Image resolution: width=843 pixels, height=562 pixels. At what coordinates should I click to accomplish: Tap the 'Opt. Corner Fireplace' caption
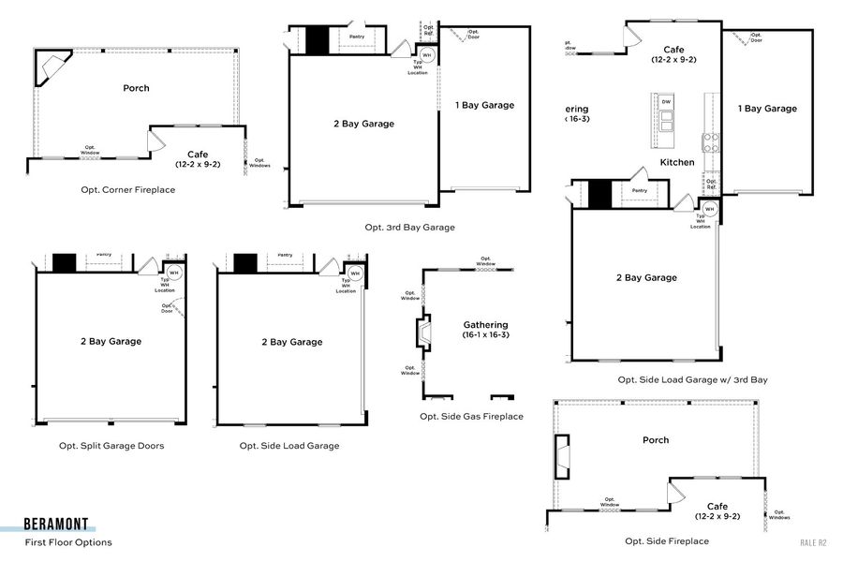click(128, 190)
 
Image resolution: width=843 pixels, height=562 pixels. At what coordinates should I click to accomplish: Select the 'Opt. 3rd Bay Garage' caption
click(409, 228)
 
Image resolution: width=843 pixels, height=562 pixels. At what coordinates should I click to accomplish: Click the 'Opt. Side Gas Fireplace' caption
click(471, 417)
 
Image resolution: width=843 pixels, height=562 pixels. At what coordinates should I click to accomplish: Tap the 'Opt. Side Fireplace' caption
click(667, 541)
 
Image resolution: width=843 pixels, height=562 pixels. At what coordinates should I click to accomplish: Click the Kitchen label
click(677, 162)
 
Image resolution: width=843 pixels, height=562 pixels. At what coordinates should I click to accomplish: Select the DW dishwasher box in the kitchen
click(666, 102)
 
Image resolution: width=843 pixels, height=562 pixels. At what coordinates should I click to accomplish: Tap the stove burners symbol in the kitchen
click(711, 142)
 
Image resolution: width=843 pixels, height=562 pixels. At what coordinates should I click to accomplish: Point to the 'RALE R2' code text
click(813, 542)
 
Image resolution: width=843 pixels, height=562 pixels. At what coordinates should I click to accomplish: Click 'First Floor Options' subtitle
click(68, 542)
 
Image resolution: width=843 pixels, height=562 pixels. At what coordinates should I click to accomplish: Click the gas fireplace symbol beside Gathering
click(425, 333)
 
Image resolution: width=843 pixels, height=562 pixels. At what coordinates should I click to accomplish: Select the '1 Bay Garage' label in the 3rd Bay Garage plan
click(484, 105)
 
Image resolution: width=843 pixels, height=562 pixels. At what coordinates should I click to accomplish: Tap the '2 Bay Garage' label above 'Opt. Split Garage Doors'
click(111, 342)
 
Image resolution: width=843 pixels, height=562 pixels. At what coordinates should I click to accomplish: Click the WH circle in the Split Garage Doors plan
click(173, 273)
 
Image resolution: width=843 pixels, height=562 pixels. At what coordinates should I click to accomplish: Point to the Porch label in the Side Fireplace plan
click(656, 440)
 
